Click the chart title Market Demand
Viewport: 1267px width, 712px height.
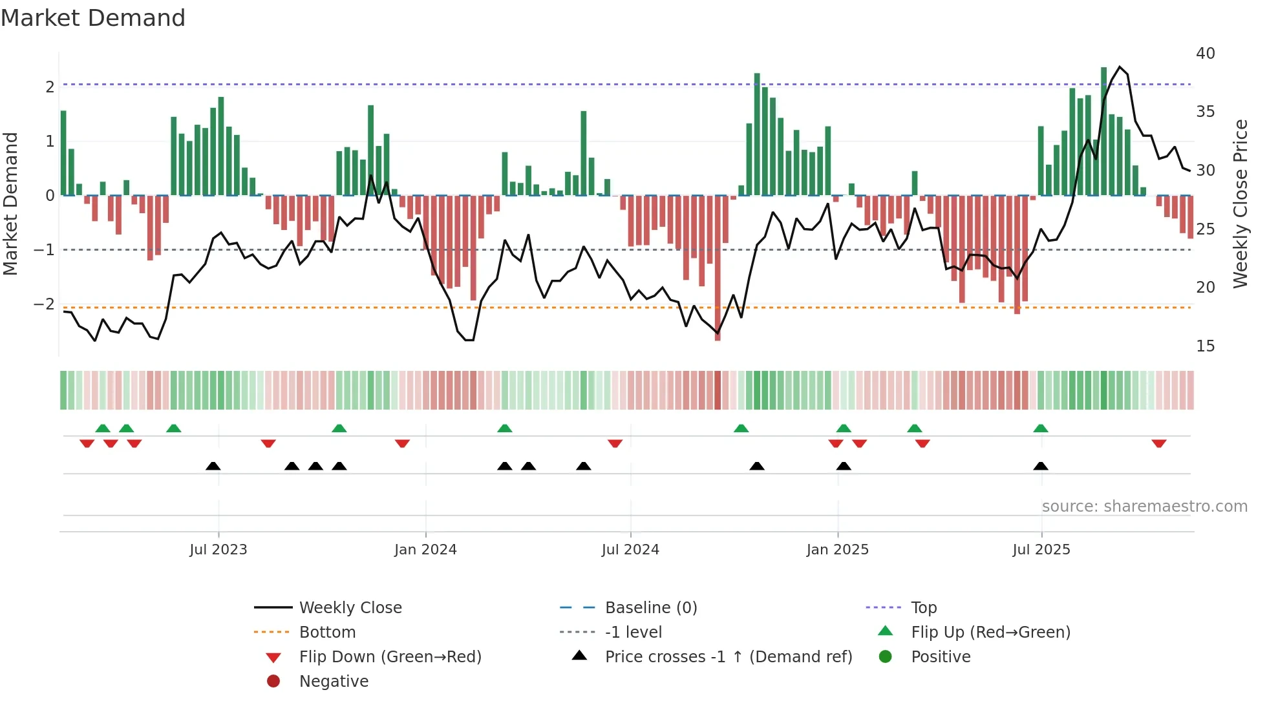tap(93, 18)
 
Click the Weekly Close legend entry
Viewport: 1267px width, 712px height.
tap(350, 607)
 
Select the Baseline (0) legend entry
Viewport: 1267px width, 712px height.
tap(650, 607)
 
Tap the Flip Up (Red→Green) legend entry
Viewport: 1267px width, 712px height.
tap(990, 632)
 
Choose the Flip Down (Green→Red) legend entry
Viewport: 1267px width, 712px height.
tap(390, 656)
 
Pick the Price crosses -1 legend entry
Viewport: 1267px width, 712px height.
tap(728, 656)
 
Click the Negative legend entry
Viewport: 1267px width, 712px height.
tap(334, 681)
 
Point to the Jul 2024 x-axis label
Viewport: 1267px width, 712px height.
tap(630, 549)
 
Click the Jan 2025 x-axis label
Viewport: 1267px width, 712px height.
tap(837, 549)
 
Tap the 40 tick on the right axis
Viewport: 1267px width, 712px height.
tap(1205, 53)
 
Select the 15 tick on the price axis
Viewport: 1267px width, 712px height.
tap(1205, 346)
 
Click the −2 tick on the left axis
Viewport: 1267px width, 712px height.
tap(44, 304)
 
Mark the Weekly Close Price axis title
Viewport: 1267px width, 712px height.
tap(1240, 204)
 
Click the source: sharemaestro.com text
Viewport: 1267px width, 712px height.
tap(1144, 506)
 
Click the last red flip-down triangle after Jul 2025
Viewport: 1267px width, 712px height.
tap(1158, 443)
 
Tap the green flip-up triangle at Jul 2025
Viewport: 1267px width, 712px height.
tap(1040, 428)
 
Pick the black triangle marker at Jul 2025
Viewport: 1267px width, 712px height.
tap(1040, 466)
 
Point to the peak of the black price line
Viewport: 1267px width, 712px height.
tap(1120, 67)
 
